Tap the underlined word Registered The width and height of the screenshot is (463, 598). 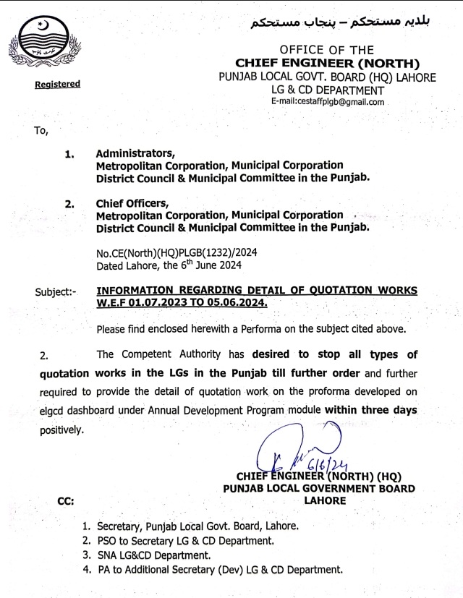coord(57,85)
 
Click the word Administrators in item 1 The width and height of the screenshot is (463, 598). coord(135,153)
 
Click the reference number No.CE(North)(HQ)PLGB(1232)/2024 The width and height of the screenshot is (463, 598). coord(176,253)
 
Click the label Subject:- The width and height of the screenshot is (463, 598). coord(56,292)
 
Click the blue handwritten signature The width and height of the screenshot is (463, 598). coord(289,448)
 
